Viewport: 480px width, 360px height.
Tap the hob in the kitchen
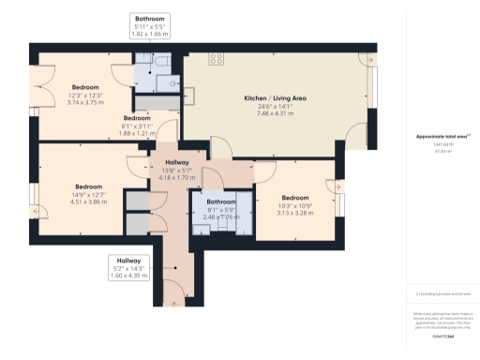point(216,58)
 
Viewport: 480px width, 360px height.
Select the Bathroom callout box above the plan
point(151,26)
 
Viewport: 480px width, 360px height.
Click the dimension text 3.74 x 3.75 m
point(88,104)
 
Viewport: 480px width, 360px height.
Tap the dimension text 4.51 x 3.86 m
point(88,201)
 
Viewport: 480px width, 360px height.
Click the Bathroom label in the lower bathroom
point(221,202)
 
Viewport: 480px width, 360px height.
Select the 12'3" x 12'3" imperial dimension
point(88,96)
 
